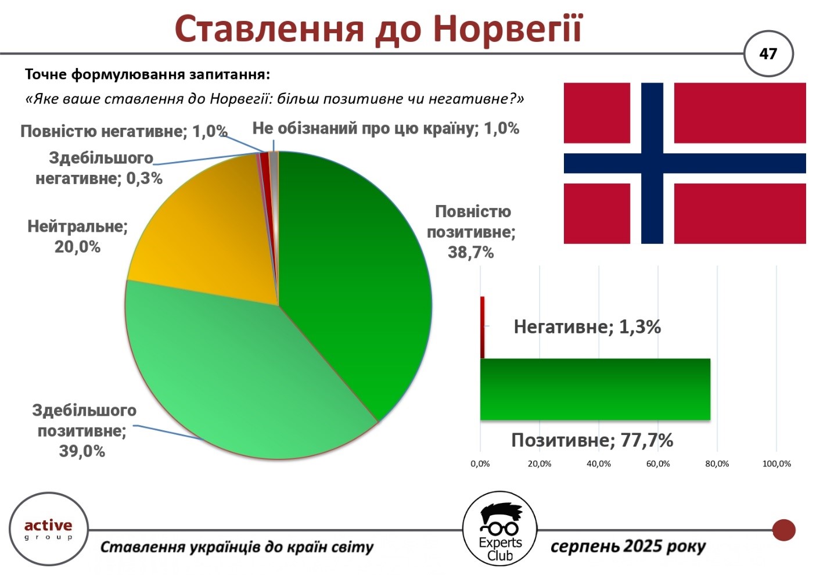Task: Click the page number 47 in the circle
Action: click(768, 54)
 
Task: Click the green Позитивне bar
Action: click(595, 389)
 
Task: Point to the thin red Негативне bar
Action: click(482, 327)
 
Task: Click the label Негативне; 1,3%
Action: click(587, 327)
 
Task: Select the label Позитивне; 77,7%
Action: click(592, 440)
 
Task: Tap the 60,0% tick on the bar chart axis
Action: click(658, 464)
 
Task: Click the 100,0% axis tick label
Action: click(777, 464)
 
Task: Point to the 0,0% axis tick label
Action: click(480, 464)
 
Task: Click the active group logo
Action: click(48, 529)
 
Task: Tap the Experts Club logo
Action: click(500, 529)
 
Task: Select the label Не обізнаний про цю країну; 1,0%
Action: click(386, 128)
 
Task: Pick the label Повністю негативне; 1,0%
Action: click(124, 131)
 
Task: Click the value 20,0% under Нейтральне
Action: click(78, 247)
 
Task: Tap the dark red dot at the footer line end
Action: click(784, 530)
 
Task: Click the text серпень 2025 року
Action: click(628, 547)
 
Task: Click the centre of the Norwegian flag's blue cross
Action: click(652, 163)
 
